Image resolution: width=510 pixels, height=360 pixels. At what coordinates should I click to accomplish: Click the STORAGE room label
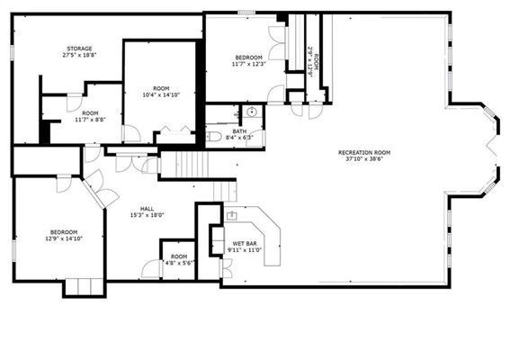pyautogui.click(x=79, y=49)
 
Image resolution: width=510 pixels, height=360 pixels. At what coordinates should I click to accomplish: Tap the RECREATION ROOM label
pyautogui.click(x=364, y=153)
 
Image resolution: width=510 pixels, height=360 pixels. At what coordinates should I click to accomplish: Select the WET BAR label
pyautogui.click(x=245, y=244)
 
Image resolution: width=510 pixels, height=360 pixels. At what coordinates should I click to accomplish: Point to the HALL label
pyautogui.click(x=147, y=209)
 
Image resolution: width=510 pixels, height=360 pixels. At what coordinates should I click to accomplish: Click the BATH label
pyautogui.click(x=239, y=131)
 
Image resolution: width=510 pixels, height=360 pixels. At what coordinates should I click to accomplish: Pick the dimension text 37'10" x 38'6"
pyautogui.click(x=364, y=159)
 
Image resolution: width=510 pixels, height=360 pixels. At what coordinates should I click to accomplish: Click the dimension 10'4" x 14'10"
pyautogui.click(x=161, y=95)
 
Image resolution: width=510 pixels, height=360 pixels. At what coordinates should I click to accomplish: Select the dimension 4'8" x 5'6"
pyautogui.click(x=179, y=263)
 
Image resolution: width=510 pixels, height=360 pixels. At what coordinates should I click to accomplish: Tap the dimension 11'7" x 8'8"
pyautogui.click(x=90, y=120)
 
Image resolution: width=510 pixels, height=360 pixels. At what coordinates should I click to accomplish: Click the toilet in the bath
pyautogui.click(x=213, y=137)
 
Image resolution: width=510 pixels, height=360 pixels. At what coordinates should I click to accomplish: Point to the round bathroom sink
pyautogui.click(x=252, y=112)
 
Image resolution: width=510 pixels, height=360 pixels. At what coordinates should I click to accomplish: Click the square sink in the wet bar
pyautogui.click(x=231, y=215)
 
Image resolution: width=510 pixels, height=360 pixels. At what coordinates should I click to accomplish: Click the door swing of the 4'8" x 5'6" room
pyautogui.click(x=152, y=269)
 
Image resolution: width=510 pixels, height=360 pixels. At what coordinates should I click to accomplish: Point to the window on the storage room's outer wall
pyautogui.click(x=12, y=52)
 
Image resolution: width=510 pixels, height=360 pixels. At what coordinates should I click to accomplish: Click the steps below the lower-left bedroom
pyautogui.click(x=85, y=286)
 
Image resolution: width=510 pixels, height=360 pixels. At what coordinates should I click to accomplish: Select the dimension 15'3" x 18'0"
pyautogui.click(x=147, y=215)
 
